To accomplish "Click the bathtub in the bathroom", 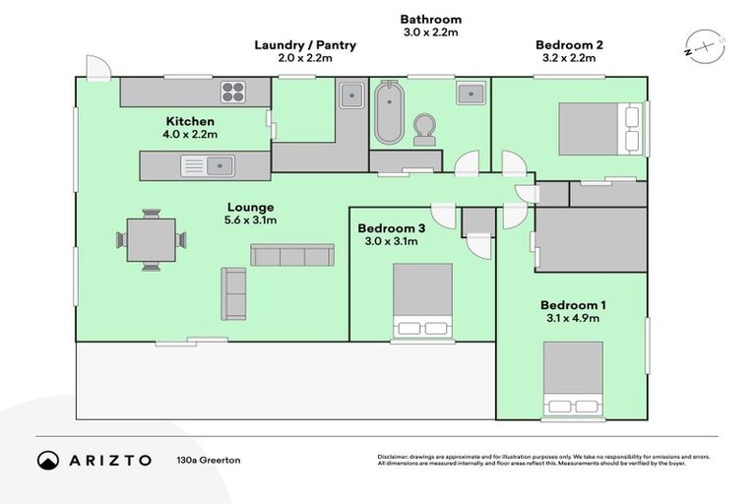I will coord(388,114).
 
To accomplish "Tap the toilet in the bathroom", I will coord(426,128).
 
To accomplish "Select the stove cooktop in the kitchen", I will coord(233,93).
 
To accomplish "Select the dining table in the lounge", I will coord(151,238).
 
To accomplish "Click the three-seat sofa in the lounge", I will coord(291,256).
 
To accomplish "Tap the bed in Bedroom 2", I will coord(596,127).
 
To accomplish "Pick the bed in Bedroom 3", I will coord(422,300).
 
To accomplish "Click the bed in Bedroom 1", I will coord(573,379).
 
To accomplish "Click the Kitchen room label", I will coord(190,121).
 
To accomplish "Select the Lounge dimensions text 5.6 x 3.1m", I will coord(250,220).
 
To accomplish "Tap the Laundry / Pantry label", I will coord(305,45).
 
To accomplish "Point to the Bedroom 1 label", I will coord(573,305).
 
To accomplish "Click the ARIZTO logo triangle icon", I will coord(47,460).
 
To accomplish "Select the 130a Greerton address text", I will coord(209,460).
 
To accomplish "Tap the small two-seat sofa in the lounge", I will coord(233,293).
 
